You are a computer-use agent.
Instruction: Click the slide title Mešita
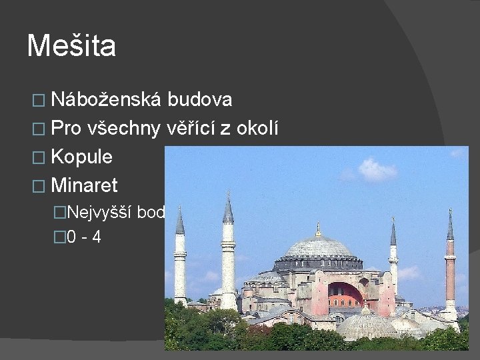pyautogui.click(x=71, y=46)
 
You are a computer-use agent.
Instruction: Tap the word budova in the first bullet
pyautogui.click(x=199, y=100)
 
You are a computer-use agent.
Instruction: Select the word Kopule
pyautogui.click(x=81, y=157)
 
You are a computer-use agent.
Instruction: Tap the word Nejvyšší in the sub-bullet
pyautogui.click(x=100, y=213)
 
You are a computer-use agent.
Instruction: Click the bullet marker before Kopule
pyautogui.click(x=39, y=158)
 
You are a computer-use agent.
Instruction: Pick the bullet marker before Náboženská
pyautogui.click(x=39, y=101)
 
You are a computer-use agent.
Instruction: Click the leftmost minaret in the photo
pyautogui.click(x=180, y=260)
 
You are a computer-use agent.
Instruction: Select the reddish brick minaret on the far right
pyautogui.click(x=450, y=267)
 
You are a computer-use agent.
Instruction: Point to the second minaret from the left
pyautogui.click(x=228, y=253)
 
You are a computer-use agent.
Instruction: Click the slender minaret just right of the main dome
pyautogui.click(x=393, y=260)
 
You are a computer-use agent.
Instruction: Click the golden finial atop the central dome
pyautogui.click(x=318, y=229)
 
